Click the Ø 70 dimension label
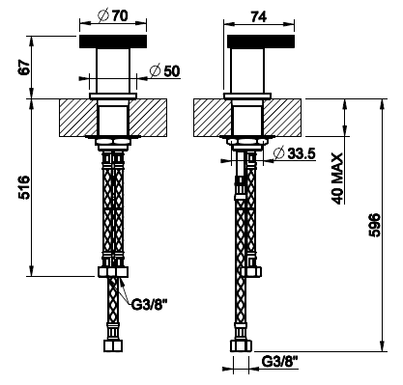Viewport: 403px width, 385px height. pyautogui.click(x=112, y=15)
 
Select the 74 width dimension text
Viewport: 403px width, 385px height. pyautogui.click(x=259, y=16)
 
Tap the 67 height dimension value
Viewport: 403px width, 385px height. pyautogui.click(x=24, y=67)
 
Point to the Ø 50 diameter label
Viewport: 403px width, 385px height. pyautogui.click(x=165, y=71)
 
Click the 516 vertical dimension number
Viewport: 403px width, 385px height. pyautogui.click(x=24, y=187)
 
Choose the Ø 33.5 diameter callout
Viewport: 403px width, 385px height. pyautogui.click(x=294, y=153)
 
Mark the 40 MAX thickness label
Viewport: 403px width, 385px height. pyautogui.click(x=337, y=179)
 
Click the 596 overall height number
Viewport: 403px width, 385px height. pyautogui.click(x=374, y=225)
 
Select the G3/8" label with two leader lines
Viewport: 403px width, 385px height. pyautogui.click(x=148, y=304)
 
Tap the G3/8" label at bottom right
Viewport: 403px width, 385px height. pyautogui.click(x=279, y=362)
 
